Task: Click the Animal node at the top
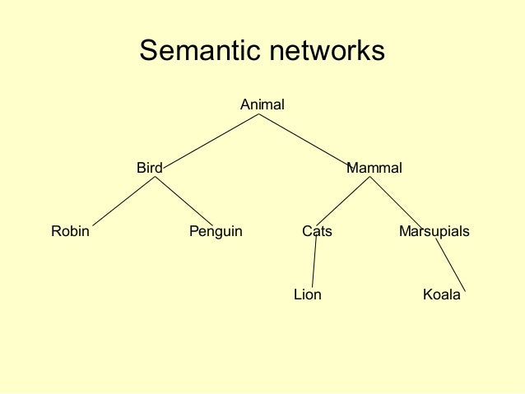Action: click(262, 105)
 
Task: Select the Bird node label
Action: click(149, 169)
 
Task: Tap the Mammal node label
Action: click(374, 169)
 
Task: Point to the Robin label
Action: click(70, 232)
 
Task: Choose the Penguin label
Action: click(216, 232)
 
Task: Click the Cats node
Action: click(317, 232)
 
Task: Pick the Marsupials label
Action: click(434, 232)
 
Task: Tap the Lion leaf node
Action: click(308, 294)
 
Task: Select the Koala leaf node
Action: click(441, 294)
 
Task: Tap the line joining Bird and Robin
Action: click(125, 201)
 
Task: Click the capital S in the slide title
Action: click(148, 51)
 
